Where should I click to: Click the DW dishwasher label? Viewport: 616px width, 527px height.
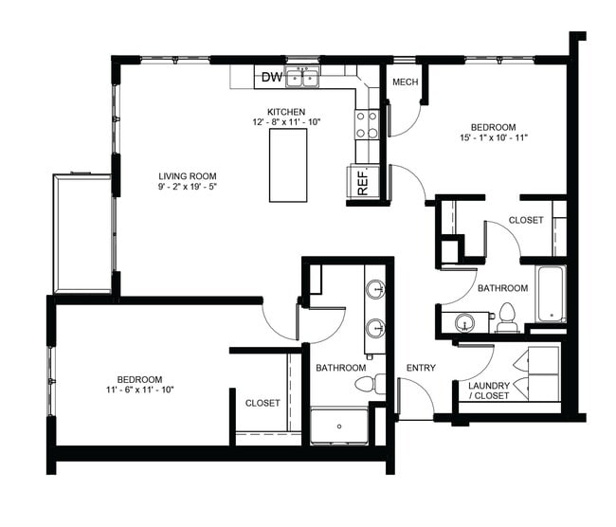270,78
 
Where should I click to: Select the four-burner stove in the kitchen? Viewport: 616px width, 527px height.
367,123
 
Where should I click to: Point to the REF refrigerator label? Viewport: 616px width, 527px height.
363,182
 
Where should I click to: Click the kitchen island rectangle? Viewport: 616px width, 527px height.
288,165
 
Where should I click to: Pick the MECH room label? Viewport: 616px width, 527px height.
406,82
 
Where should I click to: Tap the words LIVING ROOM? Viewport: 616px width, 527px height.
188,176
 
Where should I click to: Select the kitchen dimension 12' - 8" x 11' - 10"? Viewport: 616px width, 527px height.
286,122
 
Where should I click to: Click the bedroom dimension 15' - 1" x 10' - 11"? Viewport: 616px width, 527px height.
493,138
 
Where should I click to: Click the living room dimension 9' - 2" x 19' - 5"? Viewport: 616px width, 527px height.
188,188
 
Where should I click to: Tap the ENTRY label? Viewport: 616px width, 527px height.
421,368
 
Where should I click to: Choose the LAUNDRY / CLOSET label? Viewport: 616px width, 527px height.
483,391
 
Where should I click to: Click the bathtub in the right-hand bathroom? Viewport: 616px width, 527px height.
550,295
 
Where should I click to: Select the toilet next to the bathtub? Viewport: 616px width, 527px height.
507,318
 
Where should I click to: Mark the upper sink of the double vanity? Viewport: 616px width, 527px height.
375,288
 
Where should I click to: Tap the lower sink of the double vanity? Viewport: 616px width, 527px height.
375,329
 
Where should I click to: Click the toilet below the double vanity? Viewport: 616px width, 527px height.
368,385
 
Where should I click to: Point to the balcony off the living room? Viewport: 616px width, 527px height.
82,232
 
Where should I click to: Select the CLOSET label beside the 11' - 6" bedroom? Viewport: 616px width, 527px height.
263,403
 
